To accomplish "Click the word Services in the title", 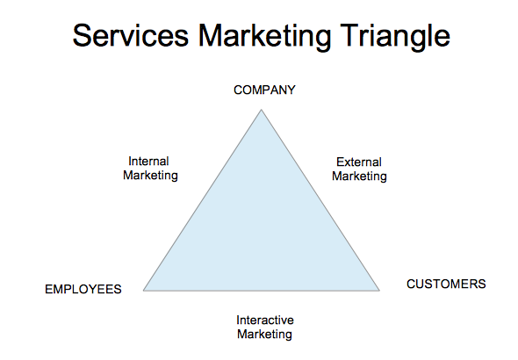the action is point(131,35).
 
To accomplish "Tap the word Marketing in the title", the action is point(264,38).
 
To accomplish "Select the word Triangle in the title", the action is point(395,38).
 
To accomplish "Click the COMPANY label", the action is point(264,90).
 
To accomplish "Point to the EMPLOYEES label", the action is point(83,290).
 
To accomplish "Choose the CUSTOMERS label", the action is point(446,284).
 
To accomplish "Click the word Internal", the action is point(148,162).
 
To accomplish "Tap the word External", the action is point(359,162).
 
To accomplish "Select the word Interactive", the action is point(265,320).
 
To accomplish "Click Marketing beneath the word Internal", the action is point(150,176).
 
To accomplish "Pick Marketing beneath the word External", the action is point(359,176).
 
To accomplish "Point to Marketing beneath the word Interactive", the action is point(264,335).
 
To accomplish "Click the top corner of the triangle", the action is point(262,110).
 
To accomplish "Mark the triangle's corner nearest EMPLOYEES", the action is point(143,291).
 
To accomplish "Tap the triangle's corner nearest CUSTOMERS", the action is point(379,291).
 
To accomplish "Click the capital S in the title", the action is point(82,35).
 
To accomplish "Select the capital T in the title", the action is point(349,35).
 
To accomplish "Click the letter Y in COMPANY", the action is point(291,90).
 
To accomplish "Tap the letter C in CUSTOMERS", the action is point(411,284).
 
